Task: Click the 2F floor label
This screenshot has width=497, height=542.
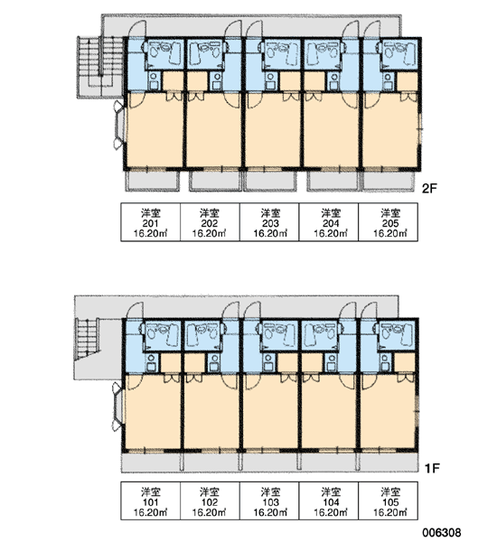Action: click(430, 189)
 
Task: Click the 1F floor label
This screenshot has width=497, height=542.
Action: click(432, 468)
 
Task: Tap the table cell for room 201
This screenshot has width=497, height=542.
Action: click(150, 222)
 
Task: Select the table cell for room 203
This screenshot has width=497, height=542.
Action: click(269, 222)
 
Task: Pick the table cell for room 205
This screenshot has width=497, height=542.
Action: click(389, 222)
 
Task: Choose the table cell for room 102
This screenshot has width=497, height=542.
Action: click(210, 500)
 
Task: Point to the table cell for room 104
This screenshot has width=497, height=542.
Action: click(329, 500)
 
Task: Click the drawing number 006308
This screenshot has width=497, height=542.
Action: click(441, 533)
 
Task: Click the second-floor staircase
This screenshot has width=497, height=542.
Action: click(100, 68)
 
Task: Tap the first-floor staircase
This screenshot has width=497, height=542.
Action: click(87, 339)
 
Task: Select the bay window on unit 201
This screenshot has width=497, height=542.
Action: click(119, 126)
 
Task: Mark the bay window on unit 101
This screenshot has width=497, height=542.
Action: click(117, 407)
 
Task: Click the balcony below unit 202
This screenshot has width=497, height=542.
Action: click(215, 181)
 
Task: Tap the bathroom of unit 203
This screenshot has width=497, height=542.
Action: click(280, 54)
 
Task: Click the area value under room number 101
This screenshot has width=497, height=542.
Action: click(150, 512)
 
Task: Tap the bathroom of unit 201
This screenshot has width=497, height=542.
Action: click(164, 54)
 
